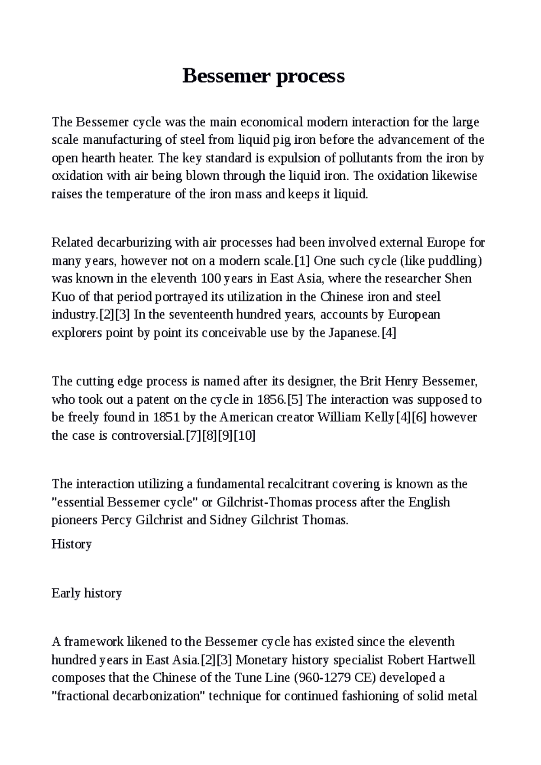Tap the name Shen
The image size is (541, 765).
click(x=458, y=278)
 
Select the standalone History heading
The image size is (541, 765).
click(x=72, y=544)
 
